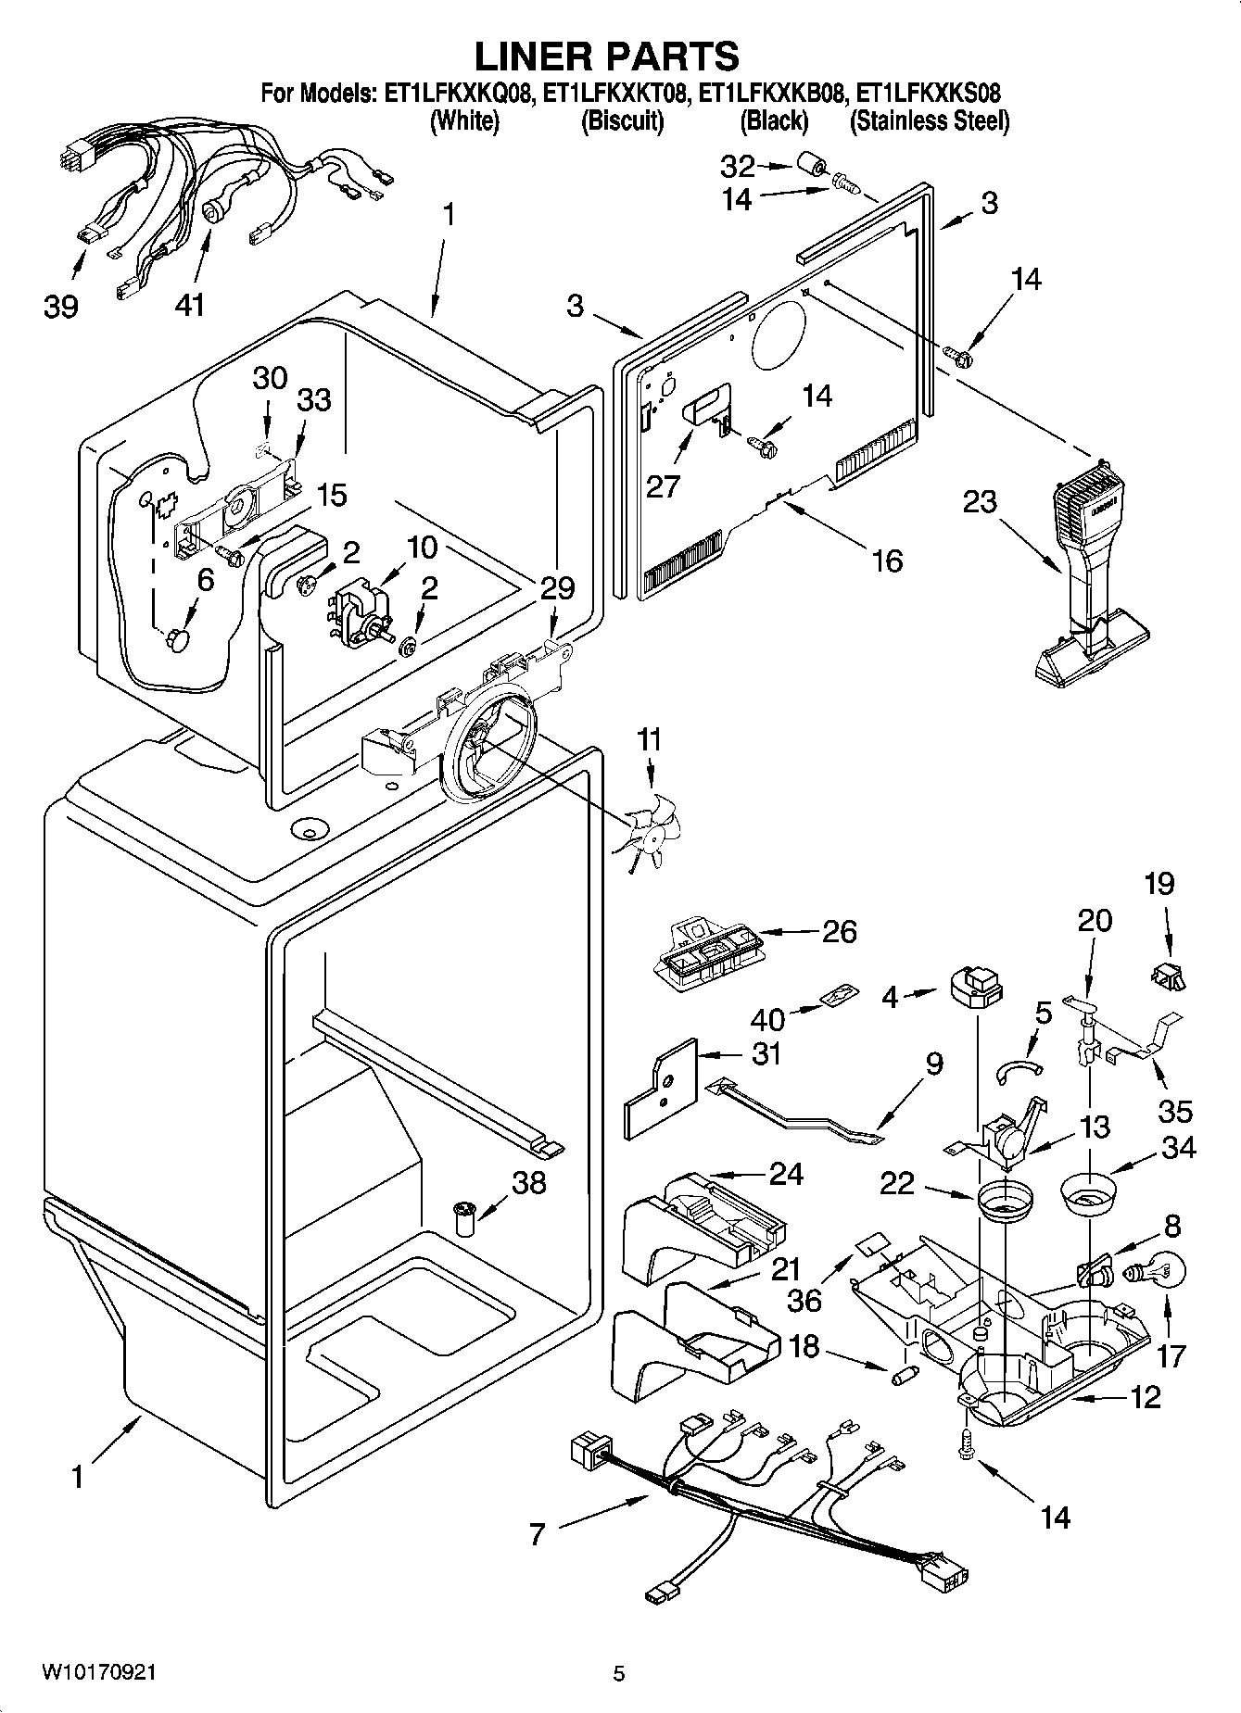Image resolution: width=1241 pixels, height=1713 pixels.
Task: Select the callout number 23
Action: [979, 501]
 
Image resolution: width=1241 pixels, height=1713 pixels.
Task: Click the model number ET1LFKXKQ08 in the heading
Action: [457, 94]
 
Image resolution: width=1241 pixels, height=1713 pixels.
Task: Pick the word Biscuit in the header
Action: [622, 121]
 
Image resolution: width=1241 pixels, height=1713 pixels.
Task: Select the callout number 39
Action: [61, 306]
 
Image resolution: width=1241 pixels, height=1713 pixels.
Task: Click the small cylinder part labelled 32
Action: [809, 168]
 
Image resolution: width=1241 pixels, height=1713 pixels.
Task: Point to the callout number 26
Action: [839, 931]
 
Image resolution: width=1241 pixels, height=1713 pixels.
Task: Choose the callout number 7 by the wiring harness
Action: [538, 1533]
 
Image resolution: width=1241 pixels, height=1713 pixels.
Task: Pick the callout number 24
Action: [786, 1174]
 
